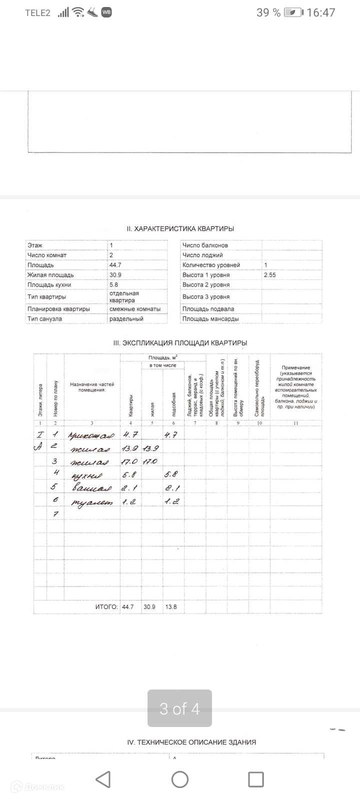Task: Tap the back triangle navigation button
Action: [x=103, y=779]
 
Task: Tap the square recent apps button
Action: [x=255, y=779]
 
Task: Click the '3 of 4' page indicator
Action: [x=179, y=708]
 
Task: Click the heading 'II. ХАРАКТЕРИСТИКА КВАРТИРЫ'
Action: [x=180, y=228]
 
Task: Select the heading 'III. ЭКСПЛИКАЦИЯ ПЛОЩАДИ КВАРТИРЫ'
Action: [x=180, y=343]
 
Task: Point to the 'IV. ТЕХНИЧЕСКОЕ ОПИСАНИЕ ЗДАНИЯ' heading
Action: [x=191, y=742]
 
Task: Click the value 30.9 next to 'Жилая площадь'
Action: [x=115, y=275]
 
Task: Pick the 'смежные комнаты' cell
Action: [x=135, y=309]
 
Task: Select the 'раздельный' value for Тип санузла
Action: [x=126, y=319]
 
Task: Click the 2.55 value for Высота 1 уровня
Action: [x=270, y=275]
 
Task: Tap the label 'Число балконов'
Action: [x=205, y=245]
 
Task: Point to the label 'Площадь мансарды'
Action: [x=210, y=319]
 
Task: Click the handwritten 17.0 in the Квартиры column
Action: [x=129, y=461]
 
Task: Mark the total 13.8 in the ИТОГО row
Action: [x=171, y=607]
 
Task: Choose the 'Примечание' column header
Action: [x=295, y=368]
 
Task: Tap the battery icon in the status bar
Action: [x=293, y=12]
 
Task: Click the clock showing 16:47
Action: [x=321, y=12]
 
